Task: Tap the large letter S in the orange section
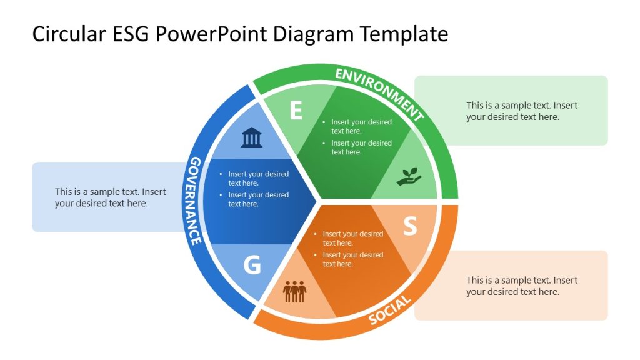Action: point(409,226)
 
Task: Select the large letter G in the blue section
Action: point(251,265)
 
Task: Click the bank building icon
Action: point(252,137)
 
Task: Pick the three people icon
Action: point(295,291)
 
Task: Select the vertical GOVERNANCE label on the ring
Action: point(195,200)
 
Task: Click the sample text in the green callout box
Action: point(521,111)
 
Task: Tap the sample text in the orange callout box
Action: point(521,286)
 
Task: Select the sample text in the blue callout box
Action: point(110,198)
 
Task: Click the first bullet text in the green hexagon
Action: point(361,126)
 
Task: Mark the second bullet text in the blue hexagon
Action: point(258,199)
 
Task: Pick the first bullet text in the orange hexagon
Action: point(352,238)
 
